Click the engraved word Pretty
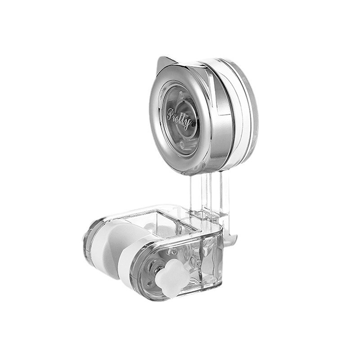coord(179,119)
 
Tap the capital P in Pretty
coord(171,114)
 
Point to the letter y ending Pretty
coord(188,124)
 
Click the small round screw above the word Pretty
coord(181,94)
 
